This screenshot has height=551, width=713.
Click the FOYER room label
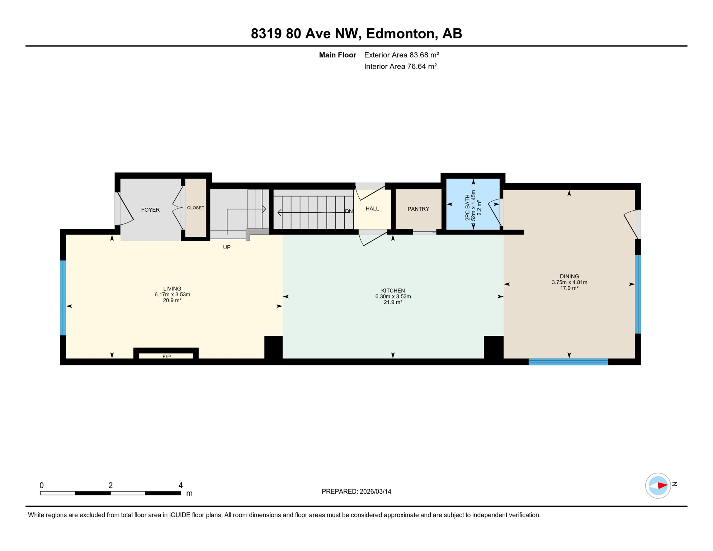pos(150,210)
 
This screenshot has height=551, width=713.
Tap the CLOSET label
pos(195,208)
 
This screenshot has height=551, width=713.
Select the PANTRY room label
pos(418,209)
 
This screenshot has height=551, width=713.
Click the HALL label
pos(372,208)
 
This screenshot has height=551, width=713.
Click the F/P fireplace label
pos(166,357)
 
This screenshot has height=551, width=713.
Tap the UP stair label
pos(227,247)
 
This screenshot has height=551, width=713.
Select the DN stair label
pos(349,211)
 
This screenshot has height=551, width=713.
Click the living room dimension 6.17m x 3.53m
pos(172,295)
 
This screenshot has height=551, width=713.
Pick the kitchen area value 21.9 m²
pos(393,302)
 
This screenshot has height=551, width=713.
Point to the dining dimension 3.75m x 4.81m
pos(569,282)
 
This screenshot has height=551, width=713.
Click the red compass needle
pos(662,486)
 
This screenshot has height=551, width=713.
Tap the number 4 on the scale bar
pos(180,485)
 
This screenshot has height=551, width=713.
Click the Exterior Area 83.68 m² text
pos(401,55)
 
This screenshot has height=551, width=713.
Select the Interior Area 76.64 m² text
pos(400,66)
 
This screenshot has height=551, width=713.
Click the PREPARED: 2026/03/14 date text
pos(356,491)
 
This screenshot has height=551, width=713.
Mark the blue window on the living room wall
pos(63,298)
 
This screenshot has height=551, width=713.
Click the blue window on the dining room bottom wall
pos(568,362)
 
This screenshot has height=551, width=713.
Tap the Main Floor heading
pos(337,55)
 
